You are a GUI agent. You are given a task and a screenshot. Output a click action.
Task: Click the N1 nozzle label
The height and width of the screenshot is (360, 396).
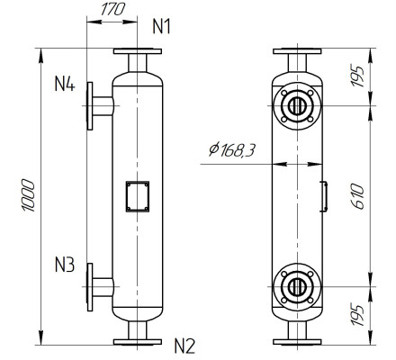point(161,26)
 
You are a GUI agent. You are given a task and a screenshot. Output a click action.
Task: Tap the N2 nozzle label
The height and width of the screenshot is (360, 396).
point(184,346)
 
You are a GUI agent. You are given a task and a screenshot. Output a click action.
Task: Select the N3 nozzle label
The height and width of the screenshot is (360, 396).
point(65,265)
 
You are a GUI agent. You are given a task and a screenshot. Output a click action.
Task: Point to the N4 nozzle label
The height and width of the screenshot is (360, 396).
point(65,84)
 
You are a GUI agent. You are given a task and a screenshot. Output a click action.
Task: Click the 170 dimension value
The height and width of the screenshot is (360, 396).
point(112,10)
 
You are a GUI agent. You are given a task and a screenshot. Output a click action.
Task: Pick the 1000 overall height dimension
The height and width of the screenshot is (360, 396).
point(29,195)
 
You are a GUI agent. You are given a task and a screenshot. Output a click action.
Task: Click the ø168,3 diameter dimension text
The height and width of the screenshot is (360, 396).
point(232,149)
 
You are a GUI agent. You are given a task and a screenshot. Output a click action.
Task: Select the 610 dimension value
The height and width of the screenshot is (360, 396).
point(357,197)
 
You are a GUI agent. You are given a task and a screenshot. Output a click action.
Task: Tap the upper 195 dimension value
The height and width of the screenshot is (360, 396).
point(357,76)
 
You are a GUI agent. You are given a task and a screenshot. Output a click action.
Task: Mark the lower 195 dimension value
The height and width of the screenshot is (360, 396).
point(357,316)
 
